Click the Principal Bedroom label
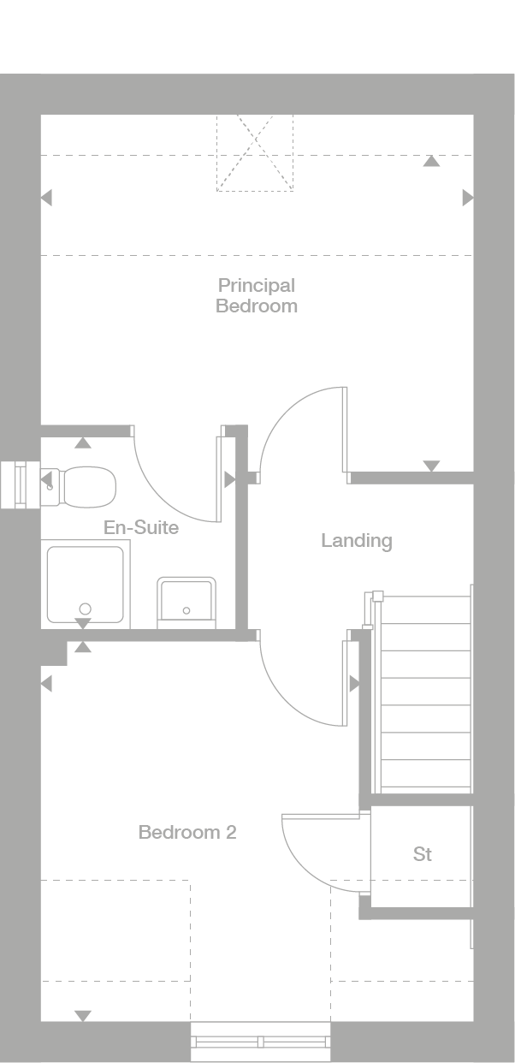(256, 295)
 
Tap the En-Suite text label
(141, 527)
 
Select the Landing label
(356, 540)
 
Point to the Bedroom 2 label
(187, 832)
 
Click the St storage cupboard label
(422, 854)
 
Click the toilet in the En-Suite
(86, 485)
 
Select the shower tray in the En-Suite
(85, 585)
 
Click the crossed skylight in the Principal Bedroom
(255, 152)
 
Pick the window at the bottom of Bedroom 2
(260, 1042)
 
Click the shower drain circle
(84, 609)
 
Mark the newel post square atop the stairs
(377, 595)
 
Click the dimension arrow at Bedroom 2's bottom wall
(82, 1016)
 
